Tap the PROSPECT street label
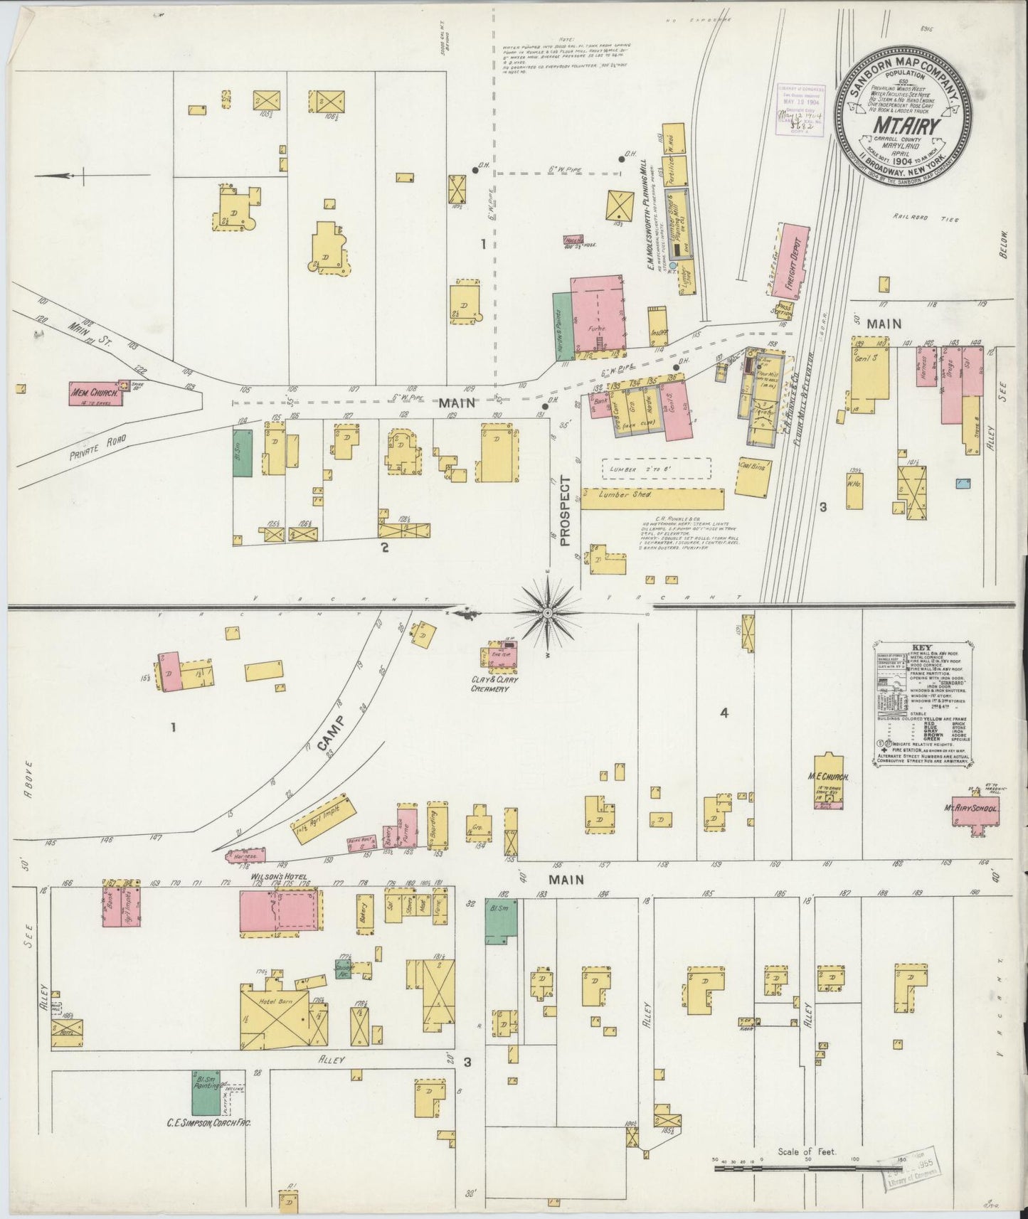point(566,511)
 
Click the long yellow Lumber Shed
point(652,498)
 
